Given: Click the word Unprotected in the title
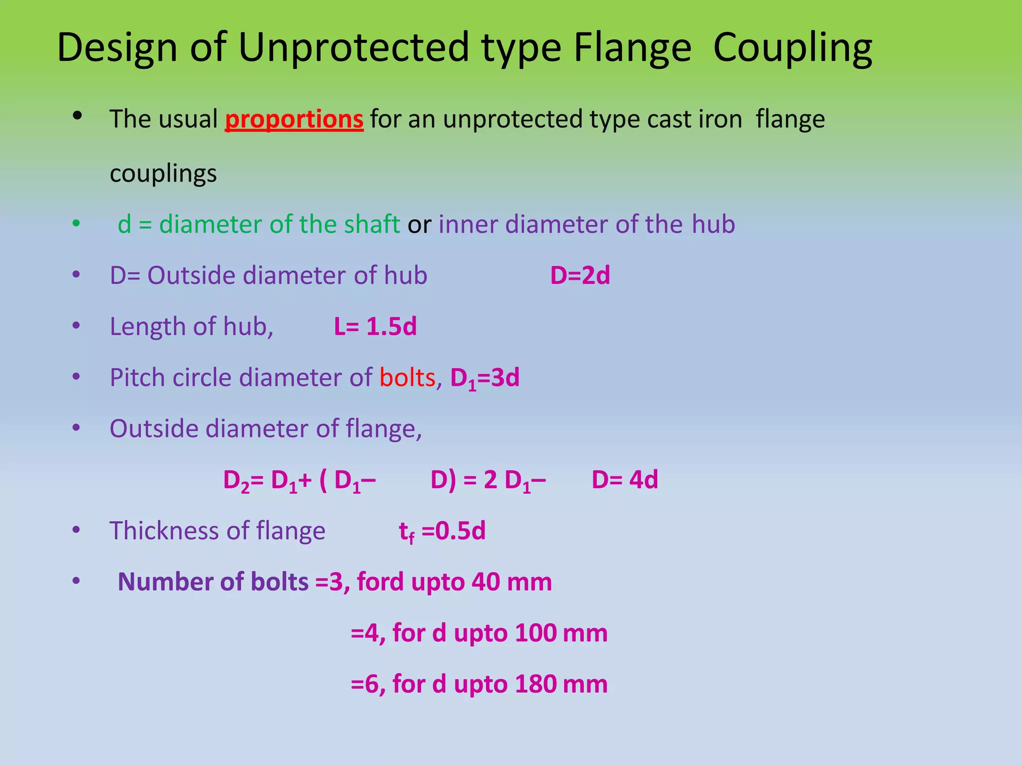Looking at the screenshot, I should (x=354, y=47).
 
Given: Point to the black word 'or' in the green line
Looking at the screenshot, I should (x=419, y=224).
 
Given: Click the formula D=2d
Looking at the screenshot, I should (x=580, y=275).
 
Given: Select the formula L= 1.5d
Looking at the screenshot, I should (x=375, y=327).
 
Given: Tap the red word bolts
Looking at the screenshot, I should (x=407, y=378).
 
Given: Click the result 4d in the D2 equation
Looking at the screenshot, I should (x=643, y=480).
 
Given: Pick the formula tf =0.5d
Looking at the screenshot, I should (x=442, y=531).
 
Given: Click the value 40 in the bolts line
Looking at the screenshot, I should (x=486, y=582).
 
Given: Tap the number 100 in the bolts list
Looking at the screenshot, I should (x=535, y=633).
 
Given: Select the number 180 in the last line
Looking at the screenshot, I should (x=535, y=684).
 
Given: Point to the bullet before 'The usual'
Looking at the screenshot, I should (x=77, y=116).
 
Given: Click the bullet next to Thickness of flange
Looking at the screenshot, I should (x=76, y=530).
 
